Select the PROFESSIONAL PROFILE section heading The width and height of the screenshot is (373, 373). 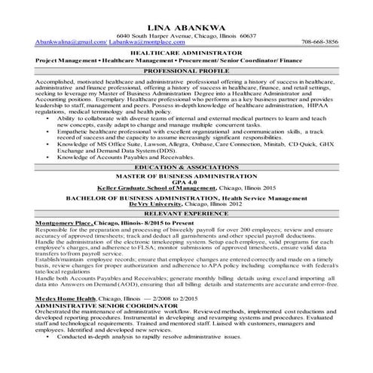pos(186,69)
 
